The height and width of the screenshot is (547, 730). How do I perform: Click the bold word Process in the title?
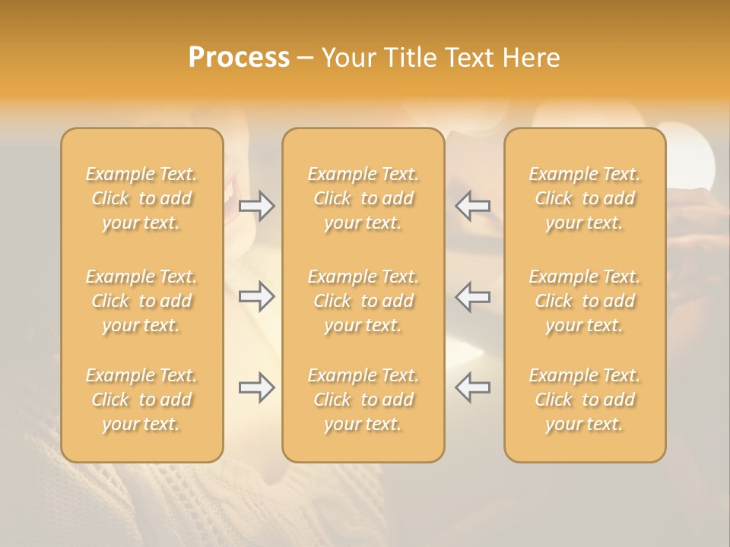(x=239, y=57)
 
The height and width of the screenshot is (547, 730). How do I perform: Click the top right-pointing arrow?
(x=256, y=206)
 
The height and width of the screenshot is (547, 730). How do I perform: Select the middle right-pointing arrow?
(x=256, y=296)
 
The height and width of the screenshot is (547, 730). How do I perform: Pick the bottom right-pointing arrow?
(x=256, y=387)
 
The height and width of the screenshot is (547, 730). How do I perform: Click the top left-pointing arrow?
(x=473, y=206)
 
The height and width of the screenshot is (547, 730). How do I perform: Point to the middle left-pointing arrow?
(x=473, y=296)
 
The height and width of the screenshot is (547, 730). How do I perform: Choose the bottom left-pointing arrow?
(x=473, y=387)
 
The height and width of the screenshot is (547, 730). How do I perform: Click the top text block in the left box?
(x=141, y=198)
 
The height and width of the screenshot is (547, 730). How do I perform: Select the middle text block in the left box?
(x=141, y=301)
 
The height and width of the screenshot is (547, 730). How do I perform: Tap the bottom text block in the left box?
(x=141, y=400)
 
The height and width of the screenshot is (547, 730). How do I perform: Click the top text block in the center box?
(x=363, y=198)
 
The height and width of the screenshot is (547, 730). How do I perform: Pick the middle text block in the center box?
(x=363, y=301)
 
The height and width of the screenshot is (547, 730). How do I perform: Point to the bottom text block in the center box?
(x=363, y=400)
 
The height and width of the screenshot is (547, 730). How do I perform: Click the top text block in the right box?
(x=585, y=198)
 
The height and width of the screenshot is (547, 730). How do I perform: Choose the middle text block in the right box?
(x=585, y=301)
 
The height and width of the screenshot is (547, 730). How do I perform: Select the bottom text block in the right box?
(x=585, y=400)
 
